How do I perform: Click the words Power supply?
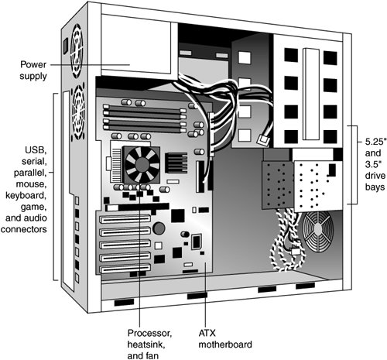[x=33, y=70]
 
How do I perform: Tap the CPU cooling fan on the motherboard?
[x=142, y=165]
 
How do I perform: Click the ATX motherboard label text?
[x=225, y=339]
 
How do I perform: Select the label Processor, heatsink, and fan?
[x=149, y=345]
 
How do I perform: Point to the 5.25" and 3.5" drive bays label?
[x=375, y=164]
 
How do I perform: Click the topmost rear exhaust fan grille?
[x=77, y=51]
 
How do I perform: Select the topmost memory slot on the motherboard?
[x=145, y=108]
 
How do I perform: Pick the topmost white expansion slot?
[x=125, y=219]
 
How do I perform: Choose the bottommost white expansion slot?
[x=125, y=269]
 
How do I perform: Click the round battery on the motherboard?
[x=159, y=228]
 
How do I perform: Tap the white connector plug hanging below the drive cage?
[x=295, y=251]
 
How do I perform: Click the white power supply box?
[x=136, y=47]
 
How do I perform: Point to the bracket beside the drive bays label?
[x=354, y=165]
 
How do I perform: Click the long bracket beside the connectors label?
[x=55, y=187]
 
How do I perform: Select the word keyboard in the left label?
[x=26, y=196]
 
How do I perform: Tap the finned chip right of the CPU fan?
[x=176, y=163]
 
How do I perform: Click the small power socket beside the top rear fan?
[x=66, y=46]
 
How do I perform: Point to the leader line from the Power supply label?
[x=90, y=65]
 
